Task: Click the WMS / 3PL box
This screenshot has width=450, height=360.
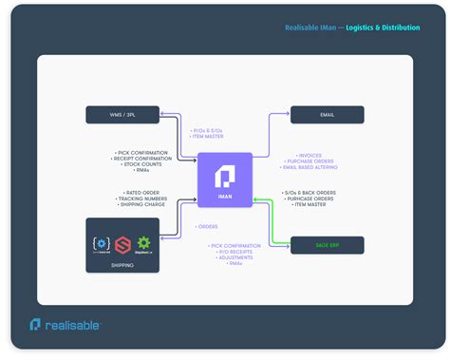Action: [122, 116]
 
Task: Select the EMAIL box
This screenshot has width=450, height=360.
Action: [327, 116]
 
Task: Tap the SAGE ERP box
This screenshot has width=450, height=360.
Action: [327, 244]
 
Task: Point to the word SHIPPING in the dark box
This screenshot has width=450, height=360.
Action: [122, 265]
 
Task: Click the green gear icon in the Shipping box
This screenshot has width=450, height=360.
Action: [144, 242]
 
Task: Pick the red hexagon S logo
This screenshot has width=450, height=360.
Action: [122, 245]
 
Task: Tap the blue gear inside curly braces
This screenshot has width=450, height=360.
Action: [101, 242]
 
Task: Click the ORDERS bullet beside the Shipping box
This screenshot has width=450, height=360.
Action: [207, 226]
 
